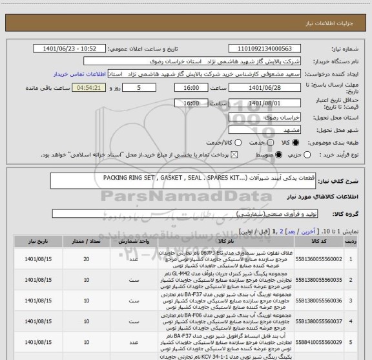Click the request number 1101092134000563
269,48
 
